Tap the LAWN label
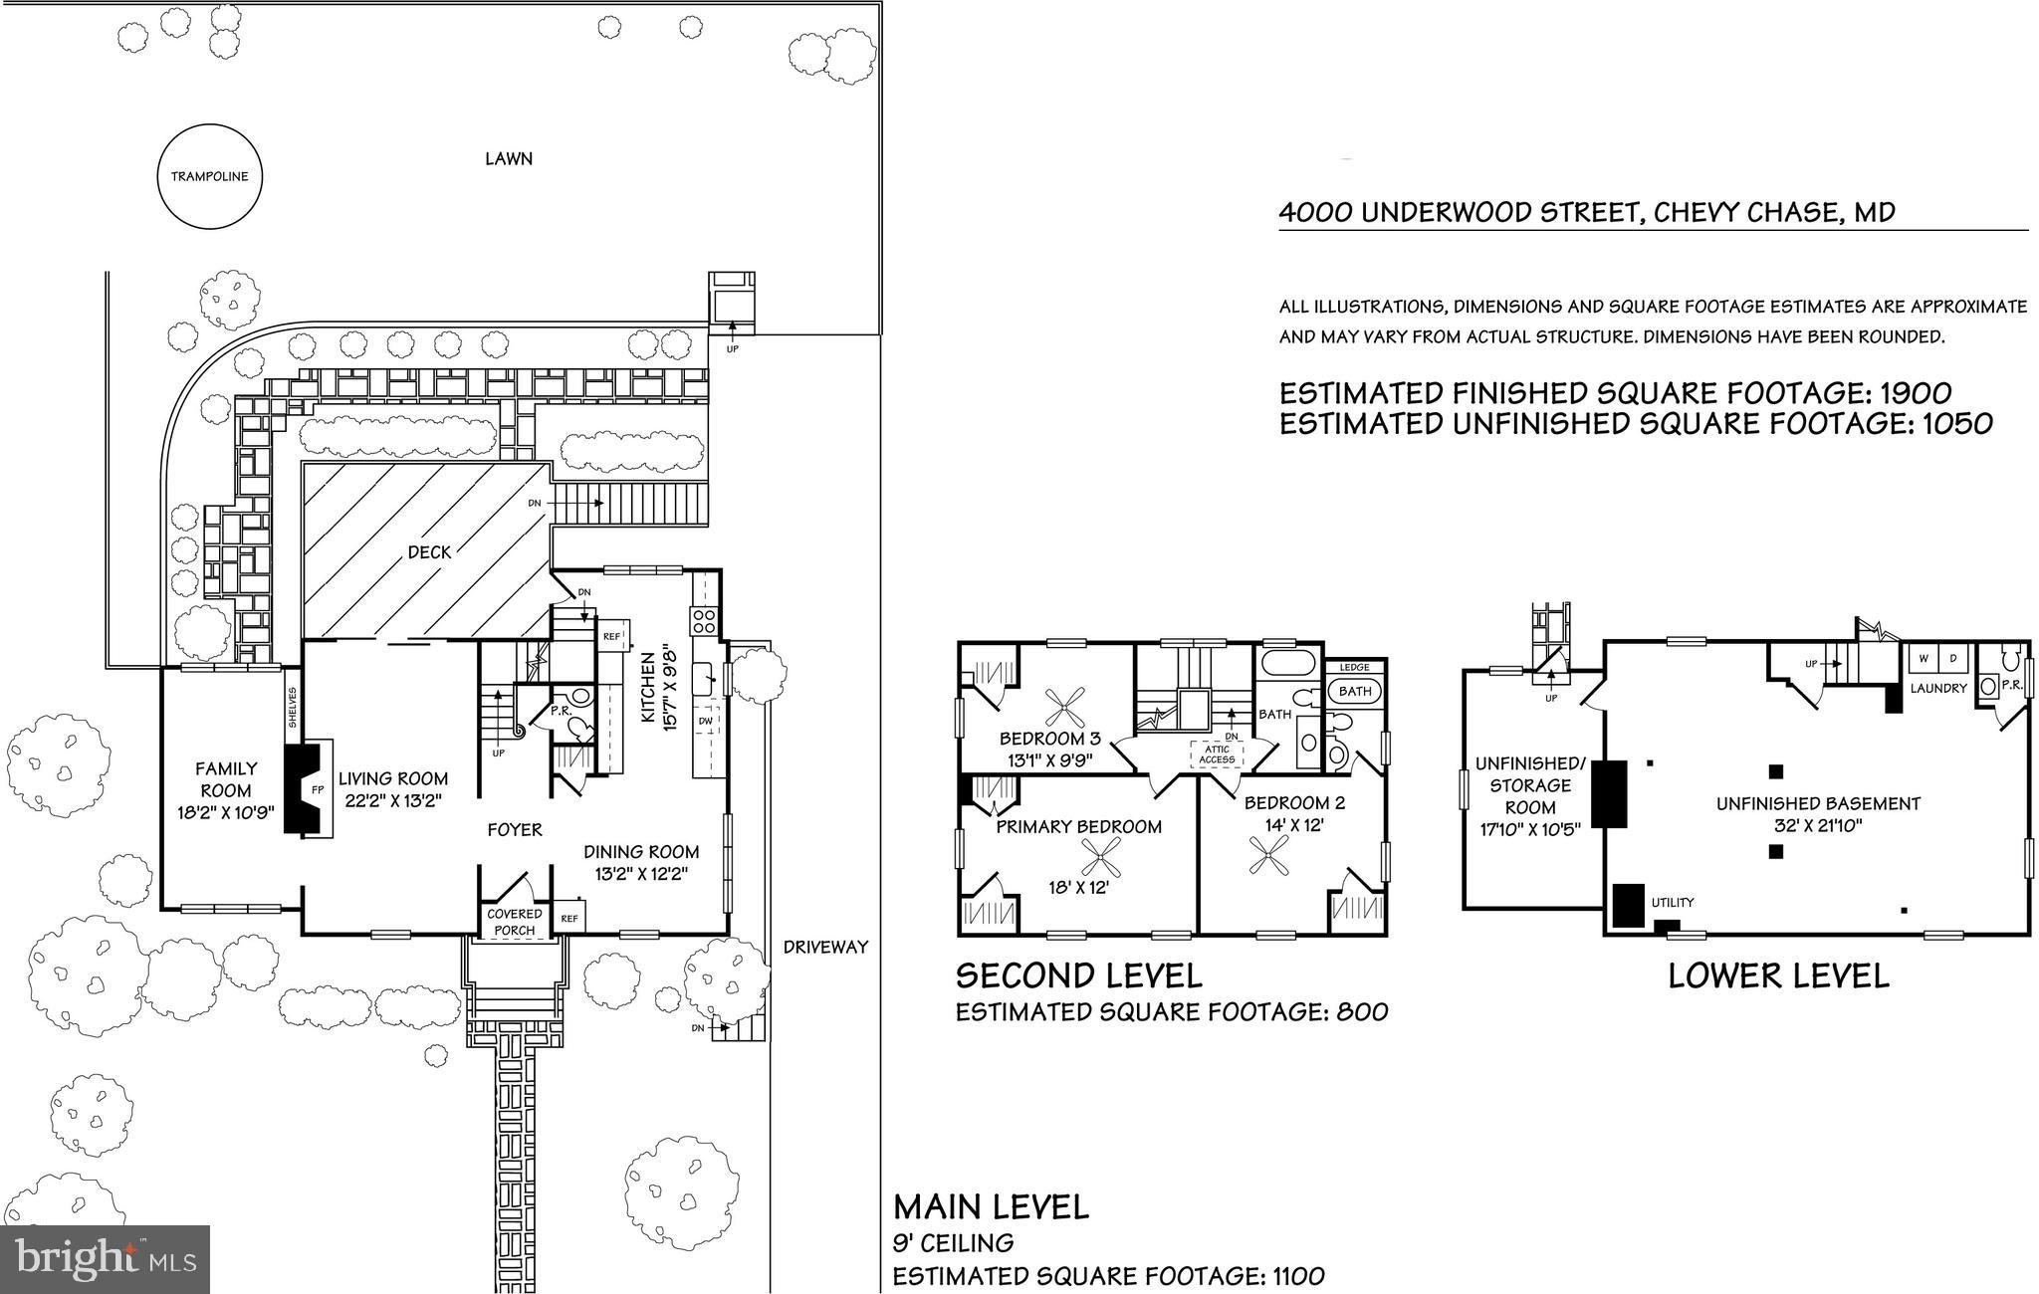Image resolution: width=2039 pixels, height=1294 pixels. click(508, 159)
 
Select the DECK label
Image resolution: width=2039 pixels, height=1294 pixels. click(429, 552)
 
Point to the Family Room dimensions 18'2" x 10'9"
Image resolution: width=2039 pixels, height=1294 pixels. click(225, 812)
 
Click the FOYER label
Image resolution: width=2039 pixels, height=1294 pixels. click(515, 829)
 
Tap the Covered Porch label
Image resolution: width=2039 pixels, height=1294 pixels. click(515, 922)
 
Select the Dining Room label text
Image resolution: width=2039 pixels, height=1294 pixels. click(640, 852)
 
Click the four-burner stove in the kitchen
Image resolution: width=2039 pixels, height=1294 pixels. click(704, 621)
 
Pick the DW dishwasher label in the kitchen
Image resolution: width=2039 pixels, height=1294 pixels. click(706, 721)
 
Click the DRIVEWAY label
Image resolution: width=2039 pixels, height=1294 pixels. click(825, 947)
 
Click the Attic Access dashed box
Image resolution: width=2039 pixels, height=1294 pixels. click(1217, 755)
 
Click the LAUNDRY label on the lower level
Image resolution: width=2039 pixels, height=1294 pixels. click(1937, 688)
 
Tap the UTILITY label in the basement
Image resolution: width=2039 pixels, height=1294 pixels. click(1672, 903)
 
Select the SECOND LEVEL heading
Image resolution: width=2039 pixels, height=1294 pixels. click(1078, 974)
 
